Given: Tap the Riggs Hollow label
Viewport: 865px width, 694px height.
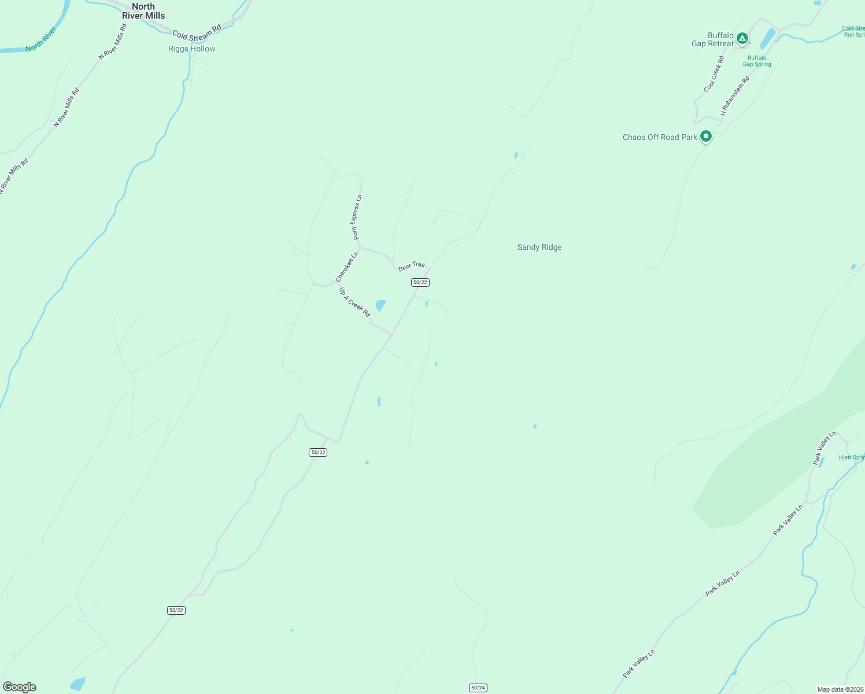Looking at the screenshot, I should point(191,49).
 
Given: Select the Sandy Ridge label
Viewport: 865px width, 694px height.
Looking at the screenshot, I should point(539,248).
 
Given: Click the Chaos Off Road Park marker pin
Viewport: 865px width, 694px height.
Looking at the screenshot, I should point(705,136).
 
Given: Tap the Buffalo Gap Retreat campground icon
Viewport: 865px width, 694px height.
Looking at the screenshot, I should point(742,39).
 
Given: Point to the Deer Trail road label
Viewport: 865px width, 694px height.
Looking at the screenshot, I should point(411,266).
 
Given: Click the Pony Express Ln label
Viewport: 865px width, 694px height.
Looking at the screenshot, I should point(356,217).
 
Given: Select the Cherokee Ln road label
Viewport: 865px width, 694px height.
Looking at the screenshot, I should point(347,267).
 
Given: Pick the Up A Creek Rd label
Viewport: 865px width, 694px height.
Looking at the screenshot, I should point(354,302).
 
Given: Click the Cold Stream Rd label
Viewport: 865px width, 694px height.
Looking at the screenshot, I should point(197,32).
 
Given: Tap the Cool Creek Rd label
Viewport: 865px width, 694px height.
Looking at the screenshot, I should point(714,74).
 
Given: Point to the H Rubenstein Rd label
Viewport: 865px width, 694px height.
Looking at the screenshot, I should point(735,95).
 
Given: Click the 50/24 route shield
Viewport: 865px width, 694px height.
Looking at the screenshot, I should point(478,688).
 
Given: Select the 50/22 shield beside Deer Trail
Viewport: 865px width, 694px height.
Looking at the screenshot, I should point(420,282).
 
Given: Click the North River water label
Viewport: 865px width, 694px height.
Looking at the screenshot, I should point(41,39).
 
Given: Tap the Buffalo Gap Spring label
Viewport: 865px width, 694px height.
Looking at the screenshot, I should point(757,61).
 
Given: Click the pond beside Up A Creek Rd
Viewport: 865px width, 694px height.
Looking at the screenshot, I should point(380,305).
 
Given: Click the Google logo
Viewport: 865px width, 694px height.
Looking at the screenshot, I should point(20,687).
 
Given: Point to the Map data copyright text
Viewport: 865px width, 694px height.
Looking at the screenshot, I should point(840,689).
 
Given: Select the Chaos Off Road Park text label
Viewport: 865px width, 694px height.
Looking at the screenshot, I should point(660,138).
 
